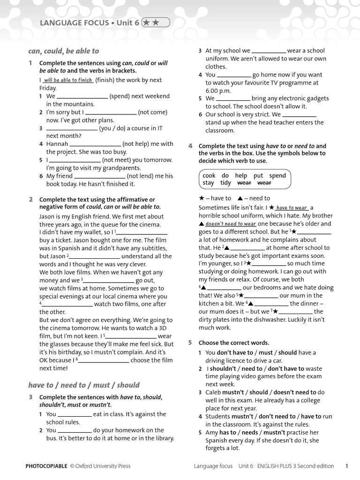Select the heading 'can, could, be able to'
(63, 51)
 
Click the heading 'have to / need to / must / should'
(83, 385)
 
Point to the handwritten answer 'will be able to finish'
(68, 80)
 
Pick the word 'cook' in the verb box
(209, 175)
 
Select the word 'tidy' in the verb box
(225, 183)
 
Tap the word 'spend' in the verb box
(277, 175)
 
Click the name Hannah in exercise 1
(57, 144)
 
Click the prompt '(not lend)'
(142, 176)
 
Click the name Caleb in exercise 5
(215, 392)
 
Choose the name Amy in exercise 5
(211, 432)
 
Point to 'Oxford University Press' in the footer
(104, 466)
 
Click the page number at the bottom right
(346, 466)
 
